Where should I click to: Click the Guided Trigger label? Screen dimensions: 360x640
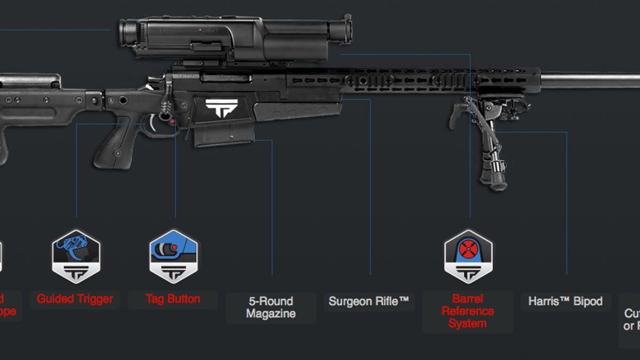[75, 299]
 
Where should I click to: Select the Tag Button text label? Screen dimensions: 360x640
[173, 299]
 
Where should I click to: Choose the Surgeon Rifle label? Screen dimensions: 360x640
[369, 301]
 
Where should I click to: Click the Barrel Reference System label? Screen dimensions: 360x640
[468, 311]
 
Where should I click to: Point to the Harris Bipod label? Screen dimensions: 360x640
[565, 301]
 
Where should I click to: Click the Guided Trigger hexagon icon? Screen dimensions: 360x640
[76, 257]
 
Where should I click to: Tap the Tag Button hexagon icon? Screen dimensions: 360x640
[173, 257]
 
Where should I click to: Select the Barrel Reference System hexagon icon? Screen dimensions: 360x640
[468, 257]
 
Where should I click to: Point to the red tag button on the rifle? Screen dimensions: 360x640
[173, 122]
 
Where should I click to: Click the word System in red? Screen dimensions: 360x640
[468, 324]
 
